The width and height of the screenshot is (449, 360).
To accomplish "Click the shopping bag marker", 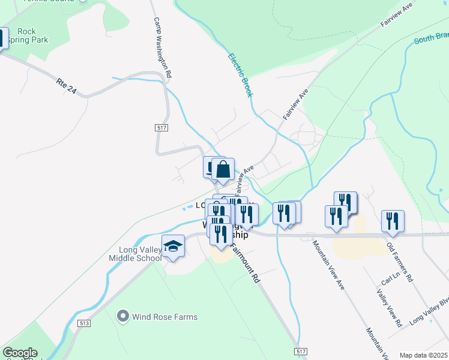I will pyautogui.click(x=223, y=170).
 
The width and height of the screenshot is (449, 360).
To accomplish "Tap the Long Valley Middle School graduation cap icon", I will pyautogui.click(x=173, y=247).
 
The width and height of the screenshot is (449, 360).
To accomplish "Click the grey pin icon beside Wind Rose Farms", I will pyautogui.click(x=124, y=315).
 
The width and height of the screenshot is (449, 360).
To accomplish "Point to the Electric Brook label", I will pyautogui.click(x=241, y=76).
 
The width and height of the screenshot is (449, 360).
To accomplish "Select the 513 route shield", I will pyautogui.click(x=83, y=323).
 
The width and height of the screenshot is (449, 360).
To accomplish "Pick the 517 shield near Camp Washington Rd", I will pyautogui.click(x=161, y=128).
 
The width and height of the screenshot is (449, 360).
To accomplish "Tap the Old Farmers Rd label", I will pyautogui.click(x=400, y=262).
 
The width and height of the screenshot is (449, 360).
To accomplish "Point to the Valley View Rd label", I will pyautogui.click(x=390, y=308).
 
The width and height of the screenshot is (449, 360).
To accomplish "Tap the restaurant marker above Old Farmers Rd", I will pyautogui.click(x=393, y=221).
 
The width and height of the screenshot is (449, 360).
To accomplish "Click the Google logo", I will pyautogui.click(x=20, y=353).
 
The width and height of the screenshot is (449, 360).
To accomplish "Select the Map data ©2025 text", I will pyautogui.click(x=423, y=355).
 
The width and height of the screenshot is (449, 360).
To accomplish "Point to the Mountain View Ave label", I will pyautogui.click(x=328, y=265).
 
